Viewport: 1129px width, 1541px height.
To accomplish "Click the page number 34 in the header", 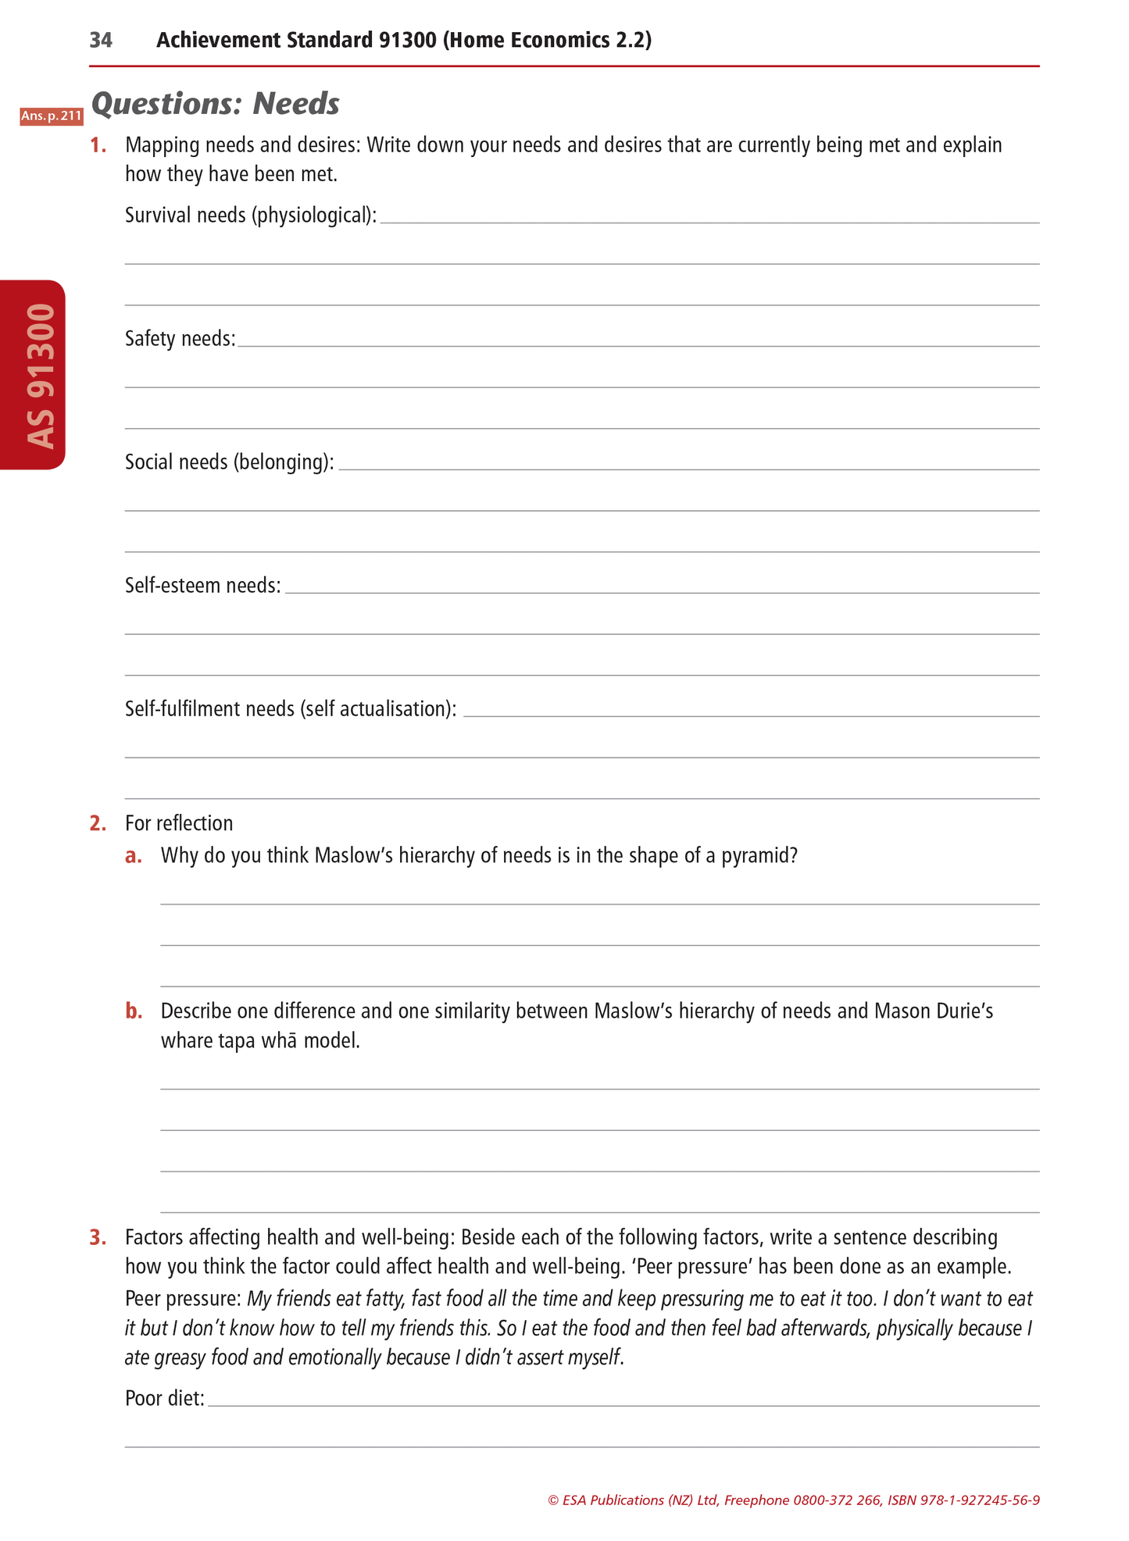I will [x=101, y=41].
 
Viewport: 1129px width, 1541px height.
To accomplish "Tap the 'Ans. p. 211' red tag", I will [x=52, y=116].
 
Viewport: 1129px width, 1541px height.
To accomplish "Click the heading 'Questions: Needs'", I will [x=216, y=104].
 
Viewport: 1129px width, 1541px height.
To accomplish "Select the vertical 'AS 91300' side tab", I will [x=38, y=375].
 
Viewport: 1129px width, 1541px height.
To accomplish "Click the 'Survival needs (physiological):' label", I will [x=251, y=216].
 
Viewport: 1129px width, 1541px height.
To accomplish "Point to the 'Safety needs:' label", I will [x=180, y=339].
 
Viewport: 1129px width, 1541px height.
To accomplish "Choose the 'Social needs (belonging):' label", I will [x=230, y=462].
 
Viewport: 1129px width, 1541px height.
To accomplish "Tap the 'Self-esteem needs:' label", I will [x=203, y=586].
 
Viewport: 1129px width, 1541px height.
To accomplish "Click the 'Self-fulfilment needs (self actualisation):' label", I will [x=291, y=709].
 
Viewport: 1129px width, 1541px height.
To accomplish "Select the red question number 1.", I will [x=98, y=145].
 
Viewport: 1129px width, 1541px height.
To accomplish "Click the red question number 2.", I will [x=98, y=823].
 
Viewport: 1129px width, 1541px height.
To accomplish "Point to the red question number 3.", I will [x=98, y=1237].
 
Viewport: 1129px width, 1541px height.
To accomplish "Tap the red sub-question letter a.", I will [x=134, y=856].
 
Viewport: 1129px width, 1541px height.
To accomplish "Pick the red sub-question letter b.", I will [x=134, y=1011].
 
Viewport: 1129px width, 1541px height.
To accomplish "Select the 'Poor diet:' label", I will [x=165, y=1398].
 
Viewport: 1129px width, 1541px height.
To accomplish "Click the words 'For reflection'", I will [x=179, y=823].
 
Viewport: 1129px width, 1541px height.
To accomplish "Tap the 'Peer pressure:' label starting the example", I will [x=183, y=1299].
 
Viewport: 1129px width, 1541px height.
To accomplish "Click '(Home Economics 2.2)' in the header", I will [x=547, y=41].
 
